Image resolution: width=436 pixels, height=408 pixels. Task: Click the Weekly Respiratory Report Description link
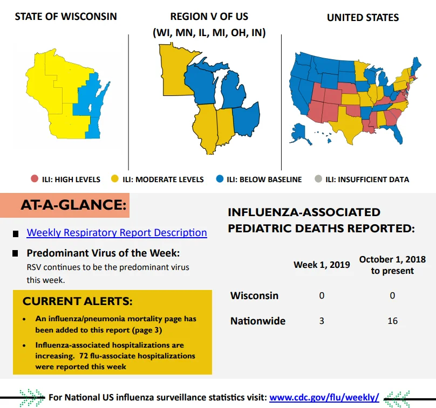(117, 232)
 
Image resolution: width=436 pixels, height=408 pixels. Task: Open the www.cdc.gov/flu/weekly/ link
(324, 397)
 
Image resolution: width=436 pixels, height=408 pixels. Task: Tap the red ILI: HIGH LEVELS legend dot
(35, 178)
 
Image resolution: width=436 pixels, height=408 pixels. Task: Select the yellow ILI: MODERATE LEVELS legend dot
(114, 178)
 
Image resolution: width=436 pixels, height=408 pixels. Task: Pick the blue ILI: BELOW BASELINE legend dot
(220, 178)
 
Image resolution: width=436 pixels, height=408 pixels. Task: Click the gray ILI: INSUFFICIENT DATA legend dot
(318, 178)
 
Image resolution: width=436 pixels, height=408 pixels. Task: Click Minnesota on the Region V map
(174, 72)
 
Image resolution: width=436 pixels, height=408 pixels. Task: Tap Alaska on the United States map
(299, 133)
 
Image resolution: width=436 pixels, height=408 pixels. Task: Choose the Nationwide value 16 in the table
(393, 321)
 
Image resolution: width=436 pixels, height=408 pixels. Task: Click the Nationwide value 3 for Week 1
(322, 321)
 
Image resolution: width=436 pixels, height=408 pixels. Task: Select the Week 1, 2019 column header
(322, 265)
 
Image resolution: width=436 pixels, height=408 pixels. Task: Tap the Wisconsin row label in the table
(255, 295)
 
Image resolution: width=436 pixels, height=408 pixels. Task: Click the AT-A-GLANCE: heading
(73, 205)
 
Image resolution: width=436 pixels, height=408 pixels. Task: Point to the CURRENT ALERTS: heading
(78, 301)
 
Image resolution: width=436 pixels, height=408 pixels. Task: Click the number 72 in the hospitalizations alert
(84, 356)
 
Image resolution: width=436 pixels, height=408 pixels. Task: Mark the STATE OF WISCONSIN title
(66, 17)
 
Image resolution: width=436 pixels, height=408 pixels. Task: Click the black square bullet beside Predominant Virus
(15, 253)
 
